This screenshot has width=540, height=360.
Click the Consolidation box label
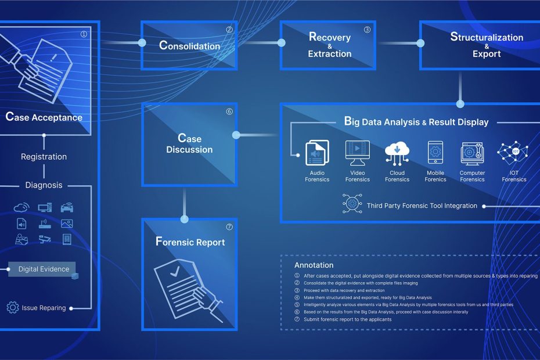tap(189, 45)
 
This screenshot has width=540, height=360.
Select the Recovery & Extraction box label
tap(329, 45)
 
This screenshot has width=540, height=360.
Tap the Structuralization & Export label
tap(486, 45)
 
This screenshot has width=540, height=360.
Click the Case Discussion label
tap(189, 144)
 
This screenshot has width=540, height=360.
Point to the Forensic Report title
tap(190, 242)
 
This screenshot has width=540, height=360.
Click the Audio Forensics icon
tap(317, 153)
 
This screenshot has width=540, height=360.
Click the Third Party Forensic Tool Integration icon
tap(352, 205)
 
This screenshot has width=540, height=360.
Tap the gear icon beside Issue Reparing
tap(13, 307)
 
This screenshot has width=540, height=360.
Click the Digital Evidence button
tap(44, 269)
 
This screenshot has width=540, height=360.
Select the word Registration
tap(44, 157)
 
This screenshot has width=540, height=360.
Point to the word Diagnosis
tap(44, 185)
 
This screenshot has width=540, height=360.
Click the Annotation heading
tap(314, 265)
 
